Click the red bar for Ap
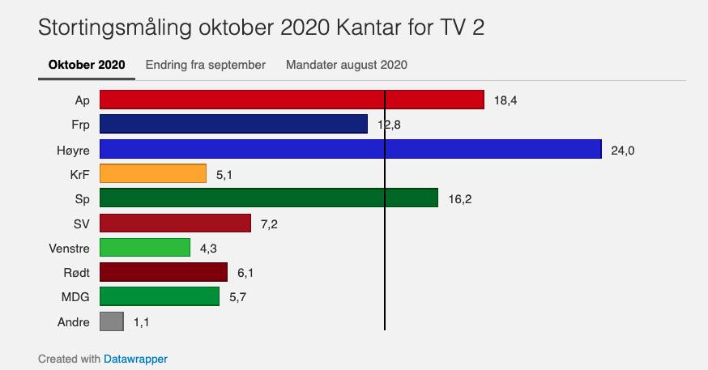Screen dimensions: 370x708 click(x=292, y=100)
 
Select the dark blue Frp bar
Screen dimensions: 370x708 click(x=233, y=124)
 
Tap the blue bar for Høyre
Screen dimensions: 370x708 click(x=350, y=149)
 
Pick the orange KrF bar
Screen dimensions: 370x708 click(x=153, y=173)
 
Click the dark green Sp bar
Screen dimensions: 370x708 click(x=268, y=198)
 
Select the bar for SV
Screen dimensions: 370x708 click(x=175, y=223)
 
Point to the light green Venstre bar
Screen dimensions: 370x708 click(x=144, y=247)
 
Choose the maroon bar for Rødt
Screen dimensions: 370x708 click(x=163, y=272)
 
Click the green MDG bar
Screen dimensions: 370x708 click(x=159, y=296)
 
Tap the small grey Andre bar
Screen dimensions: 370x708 click(x=111, y=321)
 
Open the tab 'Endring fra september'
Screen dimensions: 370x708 click(x=206, y=65)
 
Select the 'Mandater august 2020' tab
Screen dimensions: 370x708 click(x=346, y=65)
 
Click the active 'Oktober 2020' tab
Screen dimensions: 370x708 click(x=87, y=65)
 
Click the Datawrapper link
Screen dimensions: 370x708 click(x=135, y=358)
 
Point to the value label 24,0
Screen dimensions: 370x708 click(x=622, y=150)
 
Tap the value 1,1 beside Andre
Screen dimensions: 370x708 click(x=142, y=322)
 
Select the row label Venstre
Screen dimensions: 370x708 click(x=69, y=248)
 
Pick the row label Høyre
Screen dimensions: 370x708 click(x=72, y=150)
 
